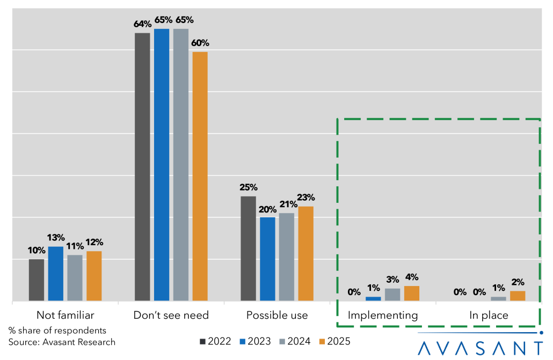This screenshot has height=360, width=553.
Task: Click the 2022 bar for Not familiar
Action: [x=37, y=280]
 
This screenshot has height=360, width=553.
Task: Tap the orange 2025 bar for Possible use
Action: [x=305, y=254]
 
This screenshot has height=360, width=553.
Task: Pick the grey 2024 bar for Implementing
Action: [x=392, y=295]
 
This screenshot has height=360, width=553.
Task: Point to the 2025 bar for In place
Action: [x=518, y=296]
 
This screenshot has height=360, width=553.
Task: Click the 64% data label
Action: [x=142, y=25]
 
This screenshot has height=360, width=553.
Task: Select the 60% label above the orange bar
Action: [x=200, y=43]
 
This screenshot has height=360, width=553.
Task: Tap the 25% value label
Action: [x=249, y=188]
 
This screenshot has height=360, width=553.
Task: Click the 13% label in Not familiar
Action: [x=56, y=238]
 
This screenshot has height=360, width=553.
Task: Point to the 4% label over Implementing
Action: [x=412, y=277]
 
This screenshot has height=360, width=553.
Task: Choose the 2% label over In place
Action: [x=518, y=282]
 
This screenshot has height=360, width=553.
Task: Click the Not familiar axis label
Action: [x=66, y=315]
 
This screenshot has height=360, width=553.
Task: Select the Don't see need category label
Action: [x=171, y=315]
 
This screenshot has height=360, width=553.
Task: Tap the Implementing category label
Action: [x=383, y=315]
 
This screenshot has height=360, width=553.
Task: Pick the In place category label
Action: [x=489, y=315]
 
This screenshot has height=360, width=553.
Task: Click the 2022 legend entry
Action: [x=216, y=341]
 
